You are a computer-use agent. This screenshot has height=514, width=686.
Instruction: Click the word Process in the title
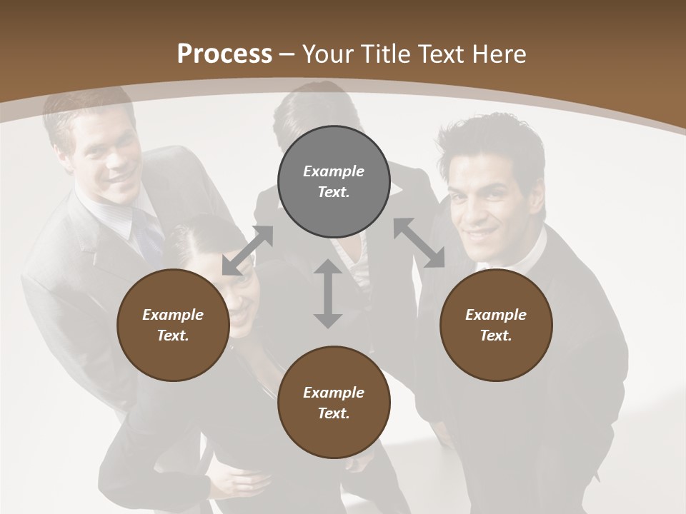coord(224,54)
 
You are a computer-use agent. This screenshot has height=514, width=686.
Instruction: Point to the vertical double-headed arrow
coord(328,293)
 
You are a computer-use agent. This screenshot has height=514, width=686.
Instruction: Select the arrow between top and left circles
coord(247,251)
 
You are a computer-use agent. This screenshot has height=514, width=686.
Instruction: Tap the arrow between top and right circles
coord(419,243)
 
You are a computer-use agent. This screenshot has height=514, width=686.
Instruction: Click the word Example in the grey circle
coord(334,171)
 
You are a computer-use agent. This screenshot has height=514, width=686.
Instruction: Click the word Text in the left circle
coord(173,336)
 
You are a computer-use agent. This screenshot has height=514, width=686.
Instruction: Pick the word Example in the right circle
coord(496,315)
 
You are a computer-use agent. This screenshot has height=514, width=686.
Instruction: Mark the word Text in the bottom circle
coord(334,413)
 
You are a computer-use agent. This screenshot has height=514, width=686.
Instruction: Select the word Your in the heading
coord(326,54)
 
